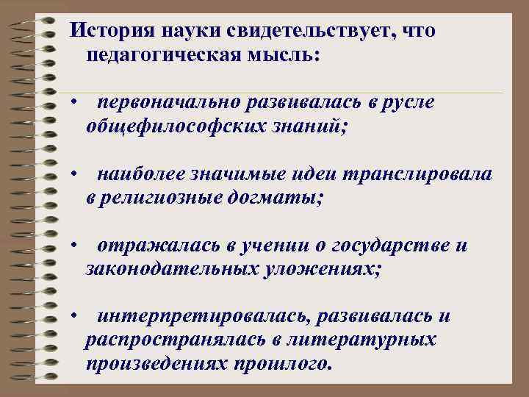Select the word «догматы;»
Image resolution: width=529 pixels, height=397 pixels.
point(279,198)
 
